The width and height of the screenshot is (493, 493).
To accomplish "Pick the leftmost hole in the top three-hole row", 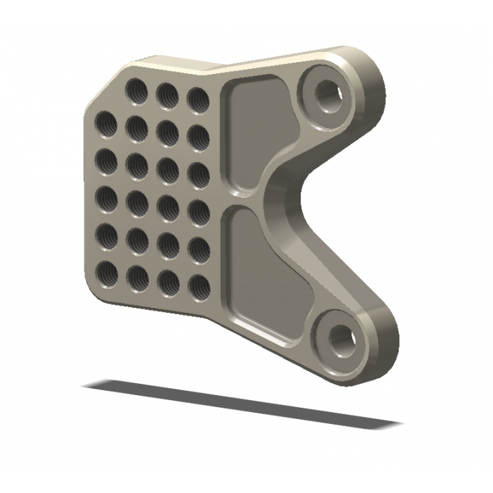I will click(x=136, y=90).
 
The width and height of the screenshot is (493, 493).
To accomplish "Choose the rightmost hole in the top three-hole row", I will click(x=196, y=100).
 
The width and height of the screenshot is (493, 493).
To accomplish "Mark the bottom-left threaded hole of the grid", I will click(x=106, y=271).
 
